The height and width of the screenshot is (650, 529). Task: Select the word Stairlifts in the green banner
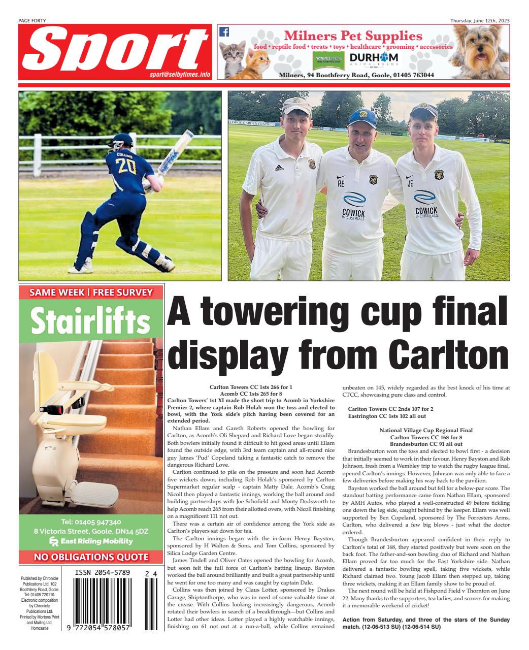[x=91, y=320]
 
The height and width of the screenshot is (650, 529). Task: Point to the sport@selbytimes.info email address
[x=180, y=74]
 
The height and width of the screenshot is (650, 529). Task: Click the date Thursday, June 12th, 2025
[x=480, y=20]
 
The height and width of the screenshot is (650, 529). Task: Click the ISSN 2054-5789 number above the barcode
[x=103, y=573]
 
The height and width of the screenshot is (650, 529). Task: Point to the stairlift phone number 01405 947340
[x=91, y=522]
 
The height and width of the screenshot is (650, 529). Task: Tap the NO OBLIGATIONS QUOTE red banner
[x=91, y=557]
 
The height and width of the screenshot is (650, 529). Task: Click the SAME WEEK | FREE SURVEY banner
[x=91, y=292]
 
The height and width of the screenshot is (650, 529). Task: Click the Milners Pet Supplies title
[x=353, y=36]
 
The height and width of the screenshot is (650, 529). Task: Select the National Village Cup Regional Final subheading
[x=426, y=430]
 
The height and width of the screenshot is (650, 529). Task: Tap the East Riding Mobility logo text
[x=95, y=541]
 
